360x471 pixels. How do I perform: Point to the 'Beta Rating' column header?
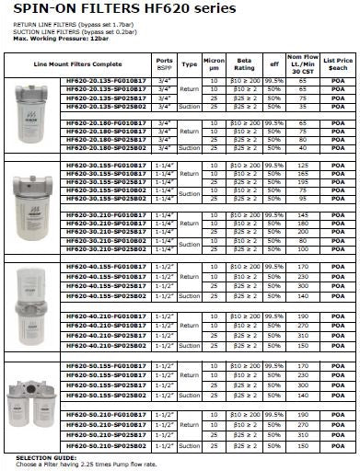pos(245,65)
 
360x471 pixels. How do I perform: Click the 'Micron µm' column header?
pos(214,65)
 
